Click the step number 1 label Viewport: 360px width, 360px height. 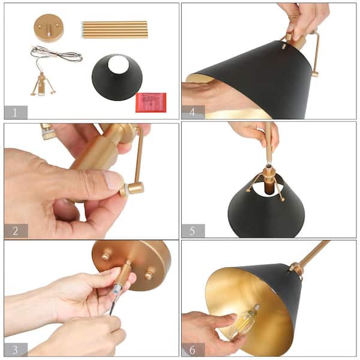tap(16, 112)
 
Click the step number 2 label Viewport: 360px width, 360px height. tap(16, 230)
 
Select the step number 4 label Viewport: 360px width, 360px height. tap(193, 112)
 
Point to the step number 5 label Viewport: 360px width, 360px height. tap(193, 230)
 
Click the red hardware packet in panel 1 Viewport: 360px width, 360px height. tap(151, 102)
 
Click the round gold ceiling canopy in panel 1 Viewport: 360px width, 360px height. tap(49, 28)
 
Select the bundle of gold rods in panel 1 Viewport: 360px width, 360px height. tap(114, 29)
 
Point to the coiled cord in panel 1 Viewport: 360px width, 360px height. tap(56, 55)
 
